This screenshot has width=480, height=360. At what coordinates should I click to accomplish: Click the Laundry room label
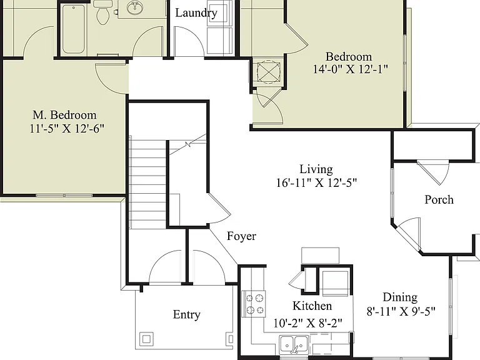pyautogui.click(x=196, y=13)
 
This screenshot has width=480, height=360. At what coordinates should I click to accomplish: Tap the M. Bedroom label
pyautogui.click(x=64, y=115)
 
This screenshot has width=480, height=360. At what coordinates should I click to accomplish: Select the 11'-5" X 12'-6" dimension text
pyautogui.click(x=67, y=128)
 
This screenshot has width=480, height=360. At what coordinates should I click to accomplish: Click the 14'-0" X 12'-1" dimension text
pyautogui.click(x=350, y=69)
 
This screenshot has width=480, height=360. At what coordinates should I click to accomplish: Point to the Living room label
pyautogui.click(x=316, y=169)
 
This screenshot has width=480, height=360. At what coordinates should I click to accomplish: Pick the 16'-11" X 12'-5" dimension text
pyautogui.click(x=316, y=182)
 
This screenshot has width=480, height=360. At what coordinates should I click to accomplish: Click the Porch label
pyautogui.click(x=439, y=199)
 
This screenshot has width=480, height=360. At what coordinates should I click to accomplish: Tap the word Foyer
pyautogui.click(x=241, y=236)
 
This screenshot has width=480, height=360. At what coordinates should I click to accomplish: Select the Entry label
pyautogui.click(x=187, y=314)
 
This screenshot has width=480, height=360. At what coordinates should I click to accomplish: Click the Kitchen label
pyautogui.click(x=312, y=306)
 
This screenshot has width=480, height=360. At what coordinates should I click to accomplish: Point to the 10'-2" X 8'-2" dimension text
pyautogui.click(x=307, y=323)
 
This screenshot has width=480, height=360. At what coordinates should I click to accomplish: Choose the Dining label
pyautogui.click(x=400, y=297)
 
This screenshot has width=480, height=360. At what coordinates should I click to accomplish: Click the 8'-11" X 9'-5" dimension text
pyautogui.click(x=401, y=311)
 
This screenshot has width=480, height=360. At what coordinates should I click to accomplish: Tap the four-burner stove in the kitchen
pyautogui.click(x=254, y=304)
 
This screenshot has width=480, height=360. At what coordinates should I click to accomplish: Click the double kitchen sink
pyautogui.click(x=294, y=344)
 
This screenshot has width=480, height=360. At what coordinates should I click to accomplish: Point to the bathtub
pyautogui.click(x=74, y=29)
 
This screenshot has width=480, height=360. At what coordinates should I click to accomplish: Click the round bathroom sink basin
pyautogui.click(x=135, y=7)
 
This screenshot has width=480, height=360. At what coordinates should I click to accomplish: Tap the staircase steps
pyautogui.click(x=148, y=182)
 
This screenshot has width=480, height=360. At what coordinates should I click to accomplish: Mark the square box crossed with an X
pyautogui.click(x=269, y=72)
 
